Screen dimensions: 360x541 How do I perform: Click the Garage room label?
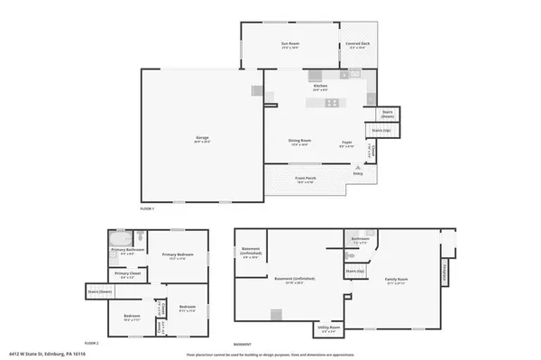click(x=202, y=139)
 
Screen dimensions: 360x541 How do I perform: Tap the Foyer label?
click(x=346, y=143)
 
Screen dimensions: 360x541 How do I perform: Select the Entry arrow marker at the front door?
click(x=358, y=167)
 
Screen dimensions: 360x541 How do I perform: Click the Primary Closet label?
click(x=127, y=274)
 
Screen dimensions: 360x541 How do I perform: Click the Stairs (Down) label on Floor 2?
click(x=99, y=291)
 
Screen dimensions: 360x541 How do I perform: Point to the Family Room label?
click(x=396, y=281)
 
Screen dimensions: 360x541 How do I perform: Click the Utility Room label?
click(x=330, y=328)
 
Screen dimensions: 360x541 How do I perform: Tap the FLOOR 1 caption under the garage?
click(x=148, y=208)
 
